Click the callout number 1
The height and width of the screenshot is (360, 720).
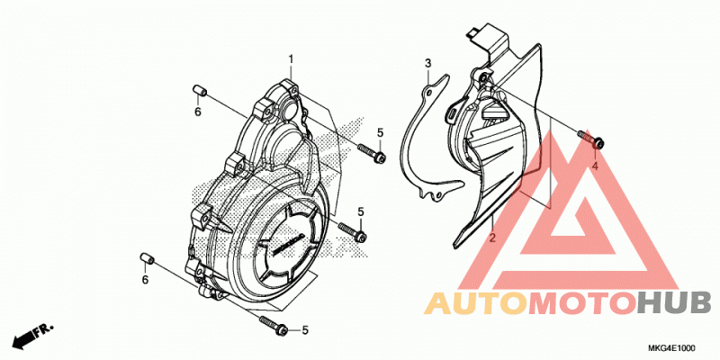[291, 59]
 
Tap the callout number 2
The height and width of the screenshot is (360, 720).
[492, 238]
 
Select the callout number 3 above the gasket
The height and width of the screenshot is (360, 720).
[428, 63]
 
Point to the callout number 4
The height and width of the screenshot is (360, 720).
[595, 166]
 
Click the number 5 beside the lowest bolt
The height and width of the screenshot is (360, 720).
[305, 329]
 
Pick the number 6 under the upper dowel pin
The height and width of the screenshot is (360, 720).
[198, 111]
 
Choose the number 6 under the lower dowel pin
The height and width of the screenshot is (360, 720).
[145, 279]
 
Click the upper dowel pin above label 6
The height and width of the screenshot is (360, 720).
[199, 90]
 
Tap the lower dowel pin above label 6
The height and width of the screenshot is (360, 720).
[147, 257]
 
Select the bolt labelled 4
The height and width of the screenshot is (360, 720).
[590, 139]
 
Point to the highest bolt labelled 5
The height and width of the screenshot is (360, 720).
[372, 153]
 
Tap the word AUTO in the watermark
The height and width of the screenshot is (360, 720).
[476, 303]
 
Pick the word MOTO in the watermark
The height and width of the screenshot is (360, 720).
[583, 303]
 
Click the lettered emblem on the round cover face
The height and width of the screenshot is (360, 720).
[289, 243]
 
